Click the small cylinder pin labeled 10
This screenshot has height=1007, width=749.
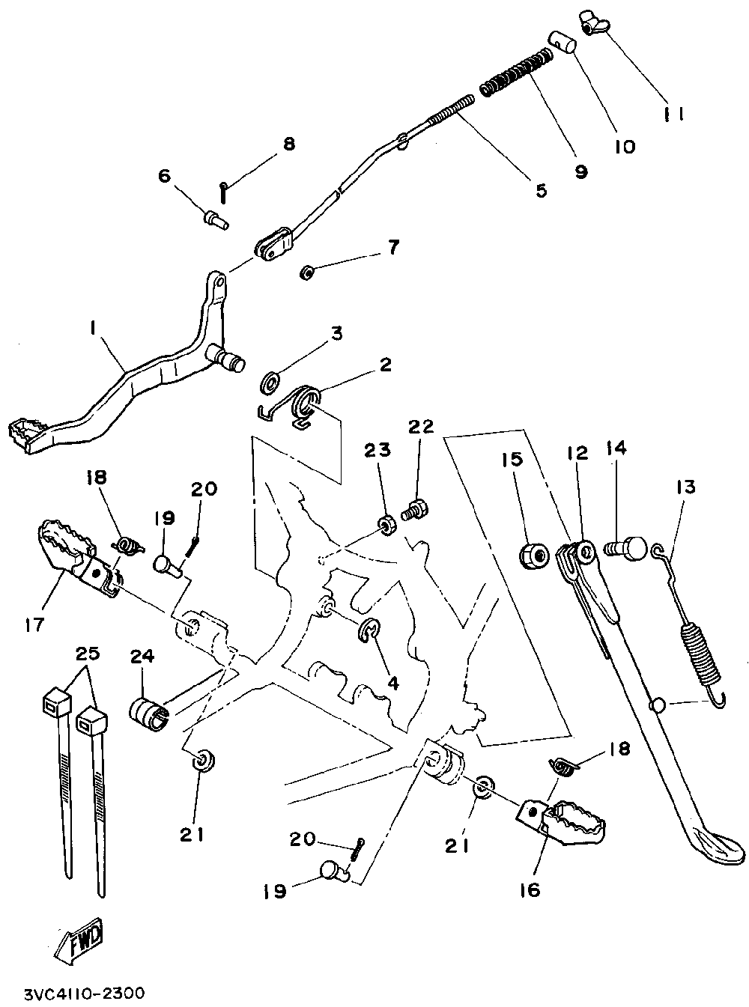[x=563, y=41]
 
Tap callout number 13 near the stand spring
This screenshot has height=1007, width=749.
[x=685, y=487]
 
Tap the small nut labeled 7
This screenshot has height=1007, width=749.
[x=306, y=273]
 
